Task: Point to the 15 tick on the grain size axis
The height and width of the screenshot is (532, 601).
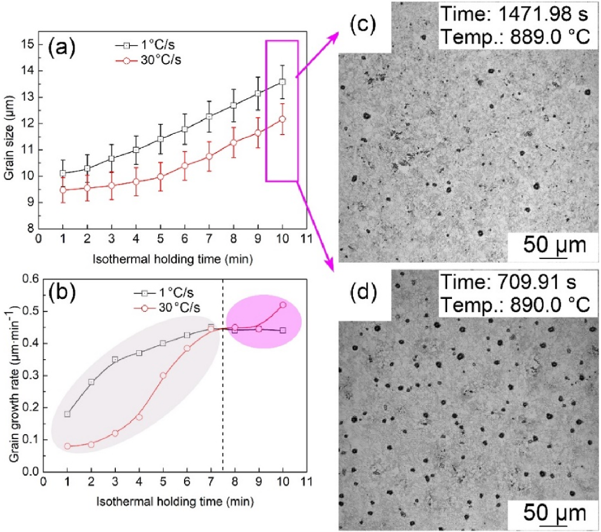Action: coord(28,44)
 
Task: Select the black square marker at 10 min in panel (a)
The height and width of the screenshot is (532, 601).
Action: coord(282,82)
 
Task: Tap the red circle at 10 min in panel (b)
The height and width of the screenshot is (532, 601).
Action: coord(283,305)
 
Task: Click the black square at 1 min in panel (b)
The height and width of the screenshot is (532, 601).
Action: coord(67,414)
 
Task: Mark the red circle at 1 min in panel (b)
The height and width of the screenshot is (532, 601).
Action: coord(67,446)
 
